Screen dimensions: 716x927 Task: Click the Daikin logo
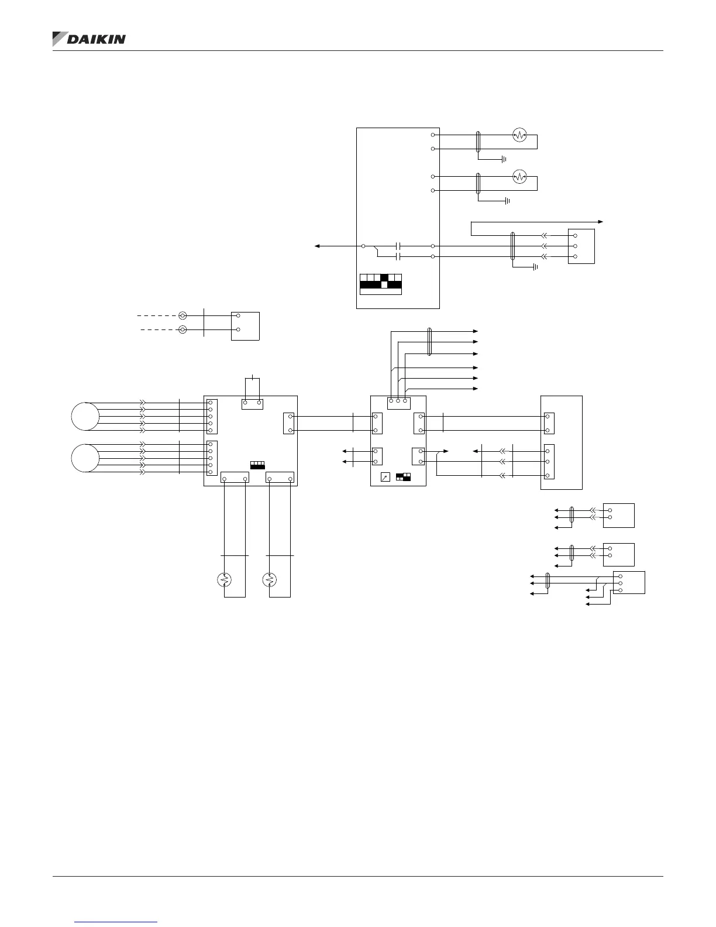89,39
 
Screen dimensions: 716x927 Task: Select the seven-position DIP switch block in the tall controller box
380,284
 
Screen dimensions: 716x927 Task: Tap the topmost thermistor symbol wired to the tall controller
519,135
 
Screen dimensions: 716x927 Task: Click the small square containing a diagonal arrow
385,477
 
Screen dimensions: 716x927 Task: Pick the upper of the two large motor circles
85,416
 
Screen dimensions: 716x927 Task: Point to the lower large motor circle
85,458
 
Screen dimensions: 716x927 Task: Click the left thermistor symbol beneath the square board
224,580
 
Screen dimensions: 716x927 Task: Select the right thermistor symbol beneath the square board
270,580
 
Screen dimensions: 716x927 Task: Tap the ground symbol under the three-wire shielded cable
534,267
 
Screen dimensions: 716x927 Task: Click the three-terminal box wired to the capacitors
581,246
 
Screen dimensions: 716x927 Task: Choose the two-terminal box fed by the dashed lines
245,326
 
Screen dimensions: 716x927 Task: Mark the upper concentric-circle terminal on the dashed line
183,315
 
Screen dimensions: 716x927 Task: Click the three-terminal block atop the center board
398,401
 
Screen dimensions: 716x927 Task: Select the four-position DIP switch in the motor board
257,465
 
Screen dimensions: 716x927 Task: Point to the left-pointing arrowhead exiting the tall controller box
318,246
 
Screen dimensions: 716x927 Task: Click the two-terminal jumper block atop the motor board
252,404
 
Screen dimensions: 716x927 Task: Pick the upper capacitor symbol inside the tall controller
398,246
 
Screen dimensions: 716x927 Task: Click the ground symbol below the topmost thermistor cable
503,159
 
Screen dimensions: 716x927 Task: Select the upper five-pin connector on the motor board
212,416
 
